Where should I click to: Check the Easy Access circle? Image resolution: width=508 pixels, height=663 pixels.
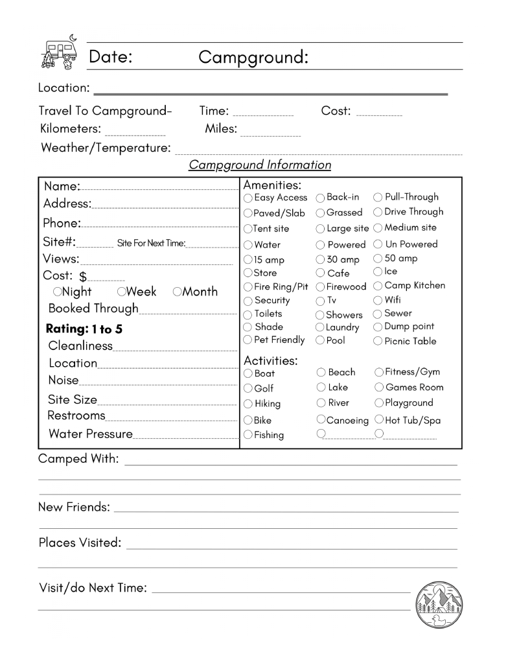click(248, 198)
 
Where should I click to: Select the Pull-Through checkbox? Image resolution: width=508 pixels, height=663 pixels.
click(378, 197)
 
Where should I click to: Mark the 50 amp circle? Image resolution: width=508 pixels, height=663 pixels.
click(378, 259)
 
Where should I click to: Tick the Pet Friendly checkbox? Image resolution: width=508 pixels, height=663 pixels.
click(248, 340)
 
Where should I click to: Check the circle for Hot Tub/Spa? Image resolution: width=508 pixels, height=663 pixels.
click(379, 420)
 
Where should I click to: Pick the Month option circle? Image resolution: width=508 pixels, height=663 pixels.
click(177, 292)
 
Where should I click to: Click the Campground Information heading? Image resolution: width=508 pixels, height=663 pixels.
click(260, 165)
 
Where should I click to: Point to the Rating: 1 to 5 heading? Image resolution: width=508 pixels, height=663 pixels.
click(84, 329)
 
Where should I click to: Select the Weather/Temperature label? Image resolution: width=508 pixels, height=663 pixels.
click(105, 148)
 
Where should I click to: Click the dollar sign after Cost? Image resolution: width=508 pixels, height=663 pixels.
click(83, 276)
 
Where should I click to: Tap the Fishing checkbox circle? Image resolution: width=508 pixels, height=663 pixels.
click(248, 436)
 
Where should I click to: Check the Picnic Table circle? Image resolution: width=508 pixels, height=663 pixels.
click(378, 342)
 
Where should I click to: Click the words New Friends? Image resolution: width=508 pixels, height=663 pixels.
click(74, 507)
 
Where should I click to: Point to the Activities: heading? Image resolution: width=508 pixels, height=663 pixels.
click(270, 360)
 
